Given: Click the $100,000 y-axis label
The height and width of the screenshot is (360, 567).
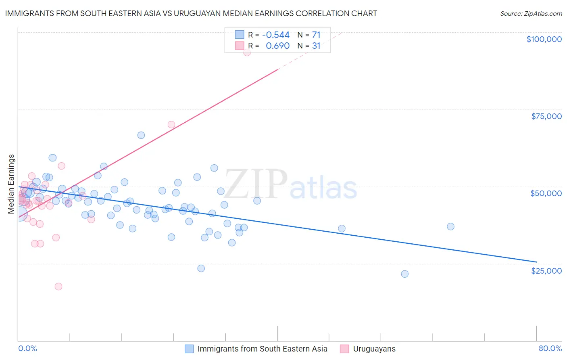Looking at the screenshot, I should point(544,39).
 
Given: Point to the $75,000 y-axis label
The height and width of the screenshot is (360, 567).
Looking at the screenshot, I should point(546,116).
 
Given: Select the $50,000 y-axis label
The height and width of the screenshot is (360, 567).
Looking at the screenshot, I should point(546,193).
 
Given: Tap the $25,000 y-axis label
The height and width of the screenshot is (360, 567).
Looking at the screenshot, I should point(546,270).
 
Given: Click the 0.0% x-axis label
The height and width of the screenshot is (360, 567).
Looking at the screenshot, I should point(27,348).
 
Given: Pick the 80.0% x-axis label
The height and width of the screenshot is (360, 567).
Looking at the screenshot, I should point(550,348).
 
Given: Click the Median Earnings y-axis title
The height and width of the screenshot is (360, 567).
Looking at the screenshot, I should point(11,184).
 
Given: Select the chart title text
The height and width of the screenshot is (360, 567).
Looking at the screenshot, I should point(191,13).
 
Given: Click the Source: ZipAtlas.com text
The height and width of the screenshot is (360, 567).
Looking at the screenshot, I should point(531,13).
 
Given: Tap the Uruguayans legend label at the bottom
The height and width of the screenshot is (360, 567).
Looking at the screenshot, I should point(374,349).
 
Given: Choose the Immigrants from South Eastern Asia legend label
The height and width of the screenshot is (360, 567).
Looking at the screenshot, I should point(262,349).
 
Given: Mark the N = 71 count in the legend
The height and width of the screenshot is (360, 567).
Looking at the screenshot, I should point(309,35).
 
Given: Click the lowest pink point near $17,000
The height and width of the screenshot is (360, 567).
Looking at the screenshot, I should point(58,287).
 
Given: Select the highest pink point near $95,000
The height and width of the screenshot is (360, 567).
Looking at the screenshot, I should point(247,52).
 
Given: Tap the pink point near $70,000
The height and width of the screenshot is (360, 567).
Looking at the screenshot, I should point(171,125).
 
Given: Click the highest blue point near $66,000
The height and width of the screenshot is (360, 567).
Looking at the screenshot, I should point(141,135).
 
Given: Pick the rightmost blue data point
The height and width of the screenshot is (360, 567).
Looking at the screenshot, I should point(451,226).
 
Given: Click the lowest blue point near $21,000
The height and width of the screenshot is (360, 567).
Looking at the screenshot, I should point(405,274).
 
